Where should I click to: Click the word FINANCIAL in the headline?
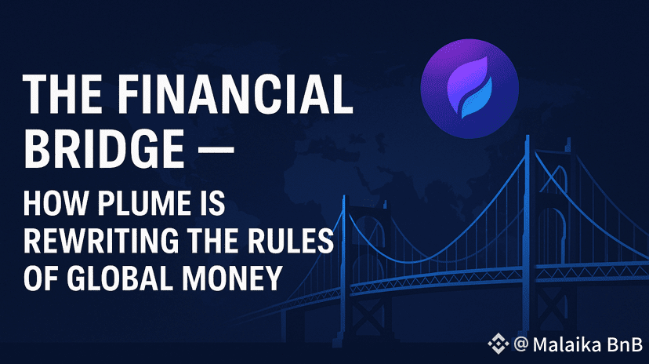coord(234,94)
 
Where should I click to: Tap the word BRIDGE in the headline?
coord(104,148)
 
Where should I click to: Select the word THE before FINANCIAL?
coord(63,94)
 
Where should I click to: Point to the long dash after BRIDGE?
coord(216,149)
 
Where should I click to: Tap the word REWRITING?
coord(101,241)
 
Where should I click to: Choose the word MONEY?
coord(233,278)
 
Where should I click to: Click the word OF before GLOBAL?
coord(42,278)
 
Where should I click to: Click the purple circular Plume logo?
coord(470,89)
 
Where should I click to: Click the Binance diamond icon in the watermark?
coord(499,344)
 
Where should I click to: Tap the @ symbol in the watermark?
coord(521,344)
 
